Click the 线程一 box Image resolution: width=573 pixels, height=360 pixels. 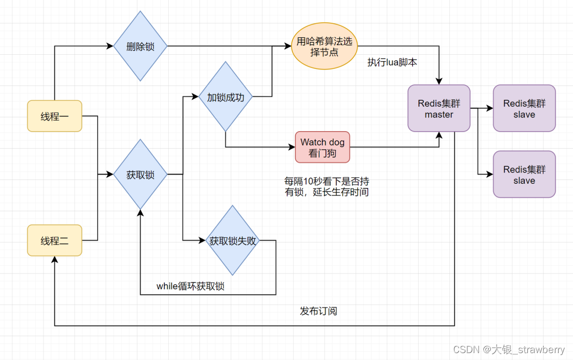click(55, 116)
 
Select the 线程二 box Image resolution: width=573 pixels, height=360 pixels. click(55, 241)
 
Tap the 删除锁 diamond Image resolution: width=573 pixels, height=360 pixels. click(140, 46)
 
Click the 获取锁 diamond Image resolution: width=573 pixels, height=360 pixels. click(140, 174)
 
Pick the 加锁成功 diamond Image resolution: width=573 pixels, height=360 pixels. click(225, 97)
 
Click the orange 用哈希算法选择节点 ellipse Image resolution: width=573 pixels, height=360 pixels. click(325, 47)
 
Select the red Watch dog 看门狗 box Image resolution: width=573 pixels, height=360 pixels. click(323, 147)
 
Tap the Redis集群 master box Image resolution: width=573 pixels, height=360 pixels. click(439, 108)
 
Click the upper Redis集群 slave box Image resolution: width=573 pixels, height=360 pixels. click(524, 108)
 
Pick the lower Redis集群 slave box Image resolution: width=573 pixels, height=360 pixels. click(524, 174)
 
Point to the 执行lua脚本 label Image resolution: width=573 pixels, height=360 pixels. click(393, 63)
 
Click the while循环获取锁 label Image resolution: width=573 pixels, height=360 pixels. click(190, 286)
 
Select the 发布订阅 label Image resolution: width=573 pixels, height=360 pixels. click(318, 311)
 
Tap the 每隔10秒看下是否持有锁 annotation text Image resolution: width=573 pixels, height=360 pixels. click(327, 187)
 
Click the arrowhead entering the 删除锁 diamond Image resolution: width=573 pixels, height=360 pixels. click(110, 46)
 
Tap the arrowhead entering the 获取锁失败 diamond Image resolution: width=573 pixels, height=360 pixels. click(202, 241)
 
